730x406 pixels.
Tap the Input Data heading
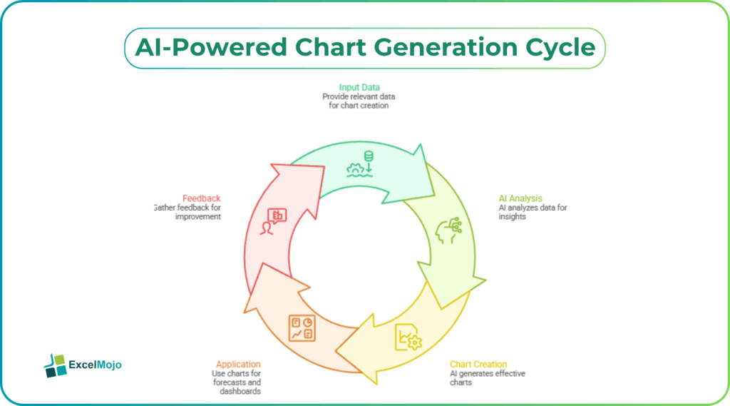(x=359, y=88)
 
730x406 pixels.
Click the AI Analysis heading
(x=520, y=199)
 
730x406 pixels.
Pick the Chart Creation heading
(x=478, y=365)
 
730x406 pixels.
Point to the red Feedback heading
(x=201, y=198)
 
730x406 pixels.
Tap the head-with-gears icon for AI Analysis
(x=448, y=230)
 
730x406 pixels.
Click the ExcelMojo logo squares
(x=54, y=365)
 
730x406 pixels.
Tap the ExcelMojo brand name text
(x=95, y=365)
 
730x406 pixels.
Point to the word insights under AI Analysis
(x=512, y=217)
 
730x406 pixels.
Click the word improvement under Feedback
(x=198, y=216)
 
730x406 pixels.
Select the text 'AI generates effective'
(x=488, y=374)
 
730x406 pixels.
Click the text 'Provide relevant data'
(x=359, y=96)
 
